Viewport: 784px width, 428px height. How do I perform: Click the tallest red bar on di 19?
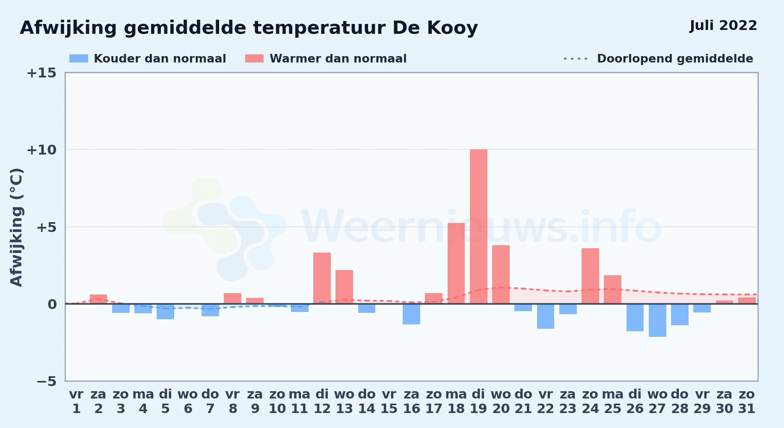pyautogui.click(x=478, y=226)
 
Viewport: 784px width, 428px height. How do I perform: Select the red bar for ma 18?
pyautogui.click(x=456, y=263)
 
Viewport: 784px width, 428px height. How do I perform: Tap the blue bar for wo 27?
pyautogui.click(x=657, y=320)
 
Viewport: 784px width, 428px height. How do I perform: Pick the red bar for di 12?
pyautogui.click(x=322, y=278)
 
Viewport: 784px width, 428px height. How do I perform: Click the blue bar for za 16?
pyautogui.click(x=411, y=314)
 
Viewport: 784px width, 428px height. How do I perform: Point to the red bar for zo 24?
pyautogui.click(x=590, y=276)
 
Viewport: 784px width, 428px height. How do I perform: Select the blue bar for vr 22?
pyautogui.click(x=546, y=316)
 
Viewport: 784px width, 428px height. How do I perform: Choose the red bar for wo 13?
pyautogui.click(x=344, y=287)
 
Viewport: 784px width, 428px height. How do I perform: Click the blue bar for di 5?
pyautogui.click(x=165, y=312)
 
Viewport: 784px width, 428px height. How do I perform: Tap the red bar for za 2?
pyautogui.click(x=98, y=299)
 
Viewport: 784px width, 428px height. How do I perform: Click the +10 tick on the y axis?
pyautogui.click(x=42, y=150)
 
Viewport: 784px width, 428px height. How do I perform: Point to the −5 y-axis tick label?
pyautogui.click(x=46, y=381)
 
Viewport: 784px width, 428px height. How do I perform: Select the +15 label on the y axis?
pyautogui.click(x=42, y=73)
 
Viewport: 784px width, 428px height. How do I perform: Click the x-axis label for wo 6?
pyautogui.click(x=188, y=401)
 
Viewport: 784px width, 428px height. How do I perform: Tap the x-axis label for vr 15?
pyautogui.click(x=389, y=401)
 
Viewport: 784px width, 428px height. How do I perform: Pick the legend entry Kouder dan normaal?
pyautogui.click(x=148, y=59)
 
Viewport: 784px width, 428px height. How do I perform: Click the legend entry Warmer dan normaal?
pyautogui.click(x=326, y=59)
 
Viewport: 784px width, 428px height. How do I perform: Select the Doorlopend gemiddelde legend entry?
pyautogui.click(x=659, y=59)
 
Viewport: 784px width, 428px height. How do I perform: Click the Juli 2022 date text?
pyautogui.click(x=723, y=26)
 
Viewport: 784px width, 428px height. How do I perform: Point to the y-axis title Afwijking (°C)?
pyautogui.click(x=16, y=227)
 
